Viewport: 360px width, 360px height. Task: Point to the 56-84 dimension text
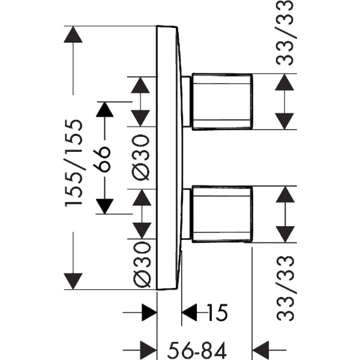click(199, 347)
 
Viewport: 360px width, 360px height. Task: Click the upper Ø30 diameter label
click(141, 157)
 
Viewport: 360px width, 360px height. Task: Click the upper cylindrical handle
click(220, 101)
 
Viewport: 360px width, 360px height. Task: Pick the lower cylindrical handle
click(220, 214)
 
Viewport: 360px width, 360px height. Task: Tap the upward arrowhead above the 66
click(106, 109)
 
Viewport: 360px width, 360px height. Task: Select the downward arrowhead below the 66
click(106, 206)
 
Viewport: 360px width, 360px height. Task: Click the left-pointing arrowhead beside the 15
click(190, 312)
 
